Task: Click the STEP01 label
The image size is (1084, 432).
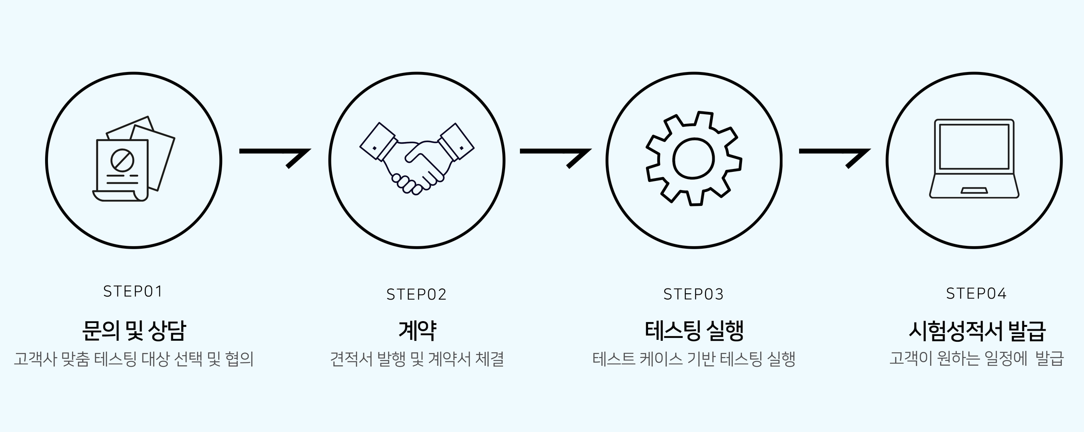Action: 133,291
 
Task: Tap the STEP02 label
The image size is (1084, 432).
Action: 416,294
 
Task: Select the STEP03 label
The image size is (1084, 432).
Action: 694,294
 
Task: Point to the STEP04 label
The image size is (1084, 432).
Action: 976,293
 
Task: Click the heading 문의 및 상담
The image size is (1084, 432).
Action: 133,330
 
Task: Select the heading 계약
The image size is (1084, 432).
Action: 417,330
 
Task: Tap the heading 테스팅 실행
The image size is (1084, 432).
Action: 694,330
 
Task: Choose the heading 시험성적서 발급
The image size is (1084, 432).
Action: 977,330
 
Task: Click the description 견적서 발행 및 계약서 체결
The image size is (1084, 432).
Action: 417,359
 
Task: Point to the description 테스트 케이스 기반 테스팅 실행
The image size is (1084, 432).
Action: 694,359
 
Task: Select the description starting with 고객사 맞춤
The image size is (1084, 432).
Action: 133,359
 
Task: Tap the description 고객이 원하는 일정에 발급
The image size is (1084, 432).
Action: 977,359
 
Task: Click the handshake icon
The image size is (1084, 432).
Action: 416,158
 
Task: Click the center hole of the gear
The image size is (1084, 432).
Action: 694,159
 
